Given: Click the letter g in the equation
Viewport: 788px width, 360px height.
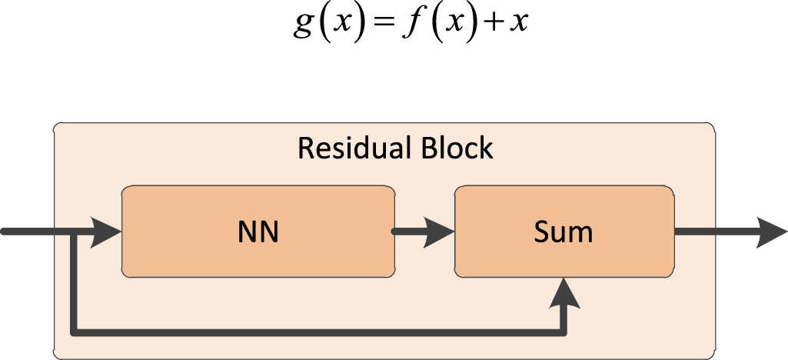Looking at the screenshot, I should (304, 25).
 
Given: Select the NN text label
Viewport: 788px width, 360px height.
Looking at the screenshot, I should (258, 232).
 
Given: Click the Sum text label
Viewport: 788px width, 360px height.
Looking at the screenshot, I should (564, 232).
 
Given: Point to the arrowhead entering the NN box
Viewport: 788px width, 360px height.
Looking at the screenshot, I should (107, 232).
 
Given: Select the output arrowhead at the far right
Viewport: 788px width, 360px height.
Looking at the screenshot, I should (770, 232).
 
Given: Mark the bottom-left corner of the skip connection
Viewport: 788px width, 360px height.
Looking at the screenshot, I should (73, 332).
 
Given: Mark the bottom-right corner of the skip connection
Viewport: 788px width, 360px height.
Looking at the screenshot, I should (567, 332).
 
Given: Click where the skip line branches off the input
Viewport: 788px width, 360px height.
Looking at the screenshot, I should (73, 232).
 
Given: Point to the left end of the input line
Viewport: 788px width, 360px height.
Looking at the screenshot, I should (5, 232).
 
